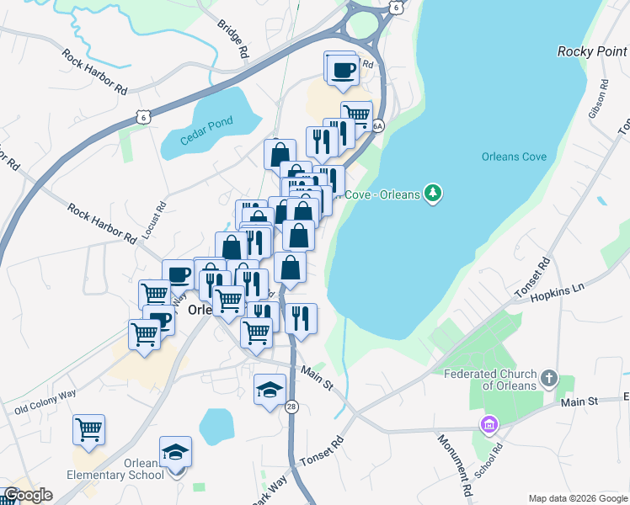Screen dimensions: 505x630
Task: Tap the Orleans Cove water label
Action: pos(514,157)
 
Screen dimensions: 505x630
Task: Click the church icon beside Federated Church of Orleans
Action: pos(549,376)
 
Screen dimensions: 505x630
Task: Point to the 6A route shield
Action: pos(377,126)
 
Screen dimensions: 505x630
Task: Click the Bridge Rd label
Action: pos(232,40)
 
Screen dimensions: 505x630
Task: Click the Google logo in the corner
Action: pos(28,495)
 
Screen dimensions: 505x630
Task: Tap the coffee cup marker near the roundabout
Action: pos(342,70)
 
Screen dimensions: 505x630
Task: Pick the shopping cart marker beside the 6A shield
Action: pos(356,114)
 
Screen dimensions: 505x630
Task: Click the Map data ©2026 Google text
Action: pos(578,498)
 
